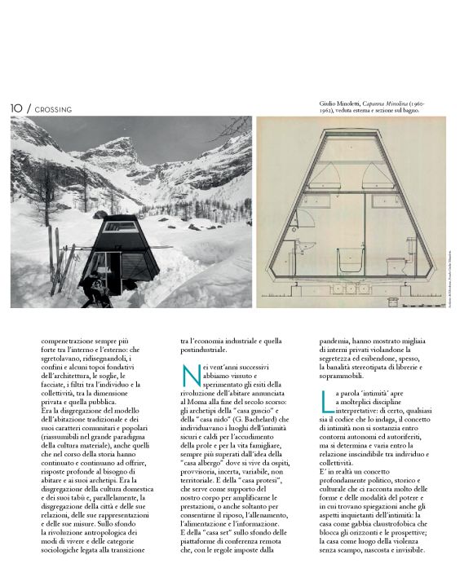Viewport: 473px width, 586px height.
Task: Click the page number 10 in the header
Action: [x=15, y=108]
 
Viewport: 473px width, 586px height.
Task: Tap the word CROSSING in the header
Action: [x=55, y=109]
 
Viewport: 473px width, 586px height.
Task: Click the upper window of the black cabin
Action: [x=124, y=227]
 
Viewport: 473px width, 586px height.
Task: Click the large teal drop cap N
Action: [x=191, y=376]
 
